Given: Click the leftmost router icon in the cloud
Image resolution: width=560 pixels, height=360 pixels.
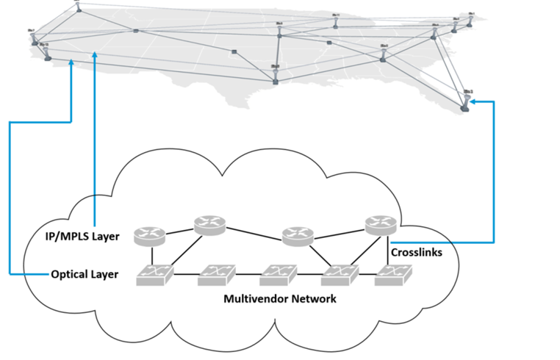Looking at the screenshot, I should [x=151, y=236].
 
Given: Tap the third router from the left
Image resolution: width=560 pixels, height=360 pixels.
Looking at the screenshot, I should [x=298, y=235].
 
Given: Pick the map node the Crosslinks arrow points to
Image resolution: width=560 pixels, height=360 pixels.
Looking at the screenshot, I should [x=464, y=107].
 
